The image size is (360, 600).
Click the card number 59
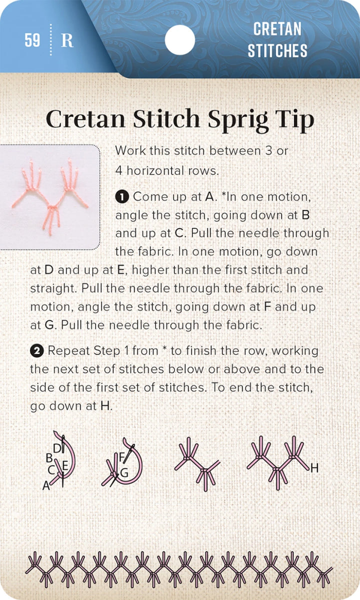coord(32,40)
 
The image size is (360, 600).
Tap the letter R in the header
coord(67,40)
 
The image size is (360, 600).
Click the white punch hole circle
coord(179,40)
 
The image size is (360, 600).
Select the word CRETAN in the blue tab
coord(277,29)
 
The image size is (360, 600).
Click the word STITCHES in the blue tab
coord(277,51)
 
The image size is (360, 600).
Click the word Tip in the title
coord(295,120)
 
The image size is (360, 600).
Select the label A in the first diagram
coord(46,485)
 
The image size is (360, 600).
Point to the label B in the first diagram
coord(49,457)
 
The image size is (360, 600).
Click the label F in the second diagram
coord(121,456)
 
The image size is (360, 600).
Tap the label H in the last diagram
coord(314,468)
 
